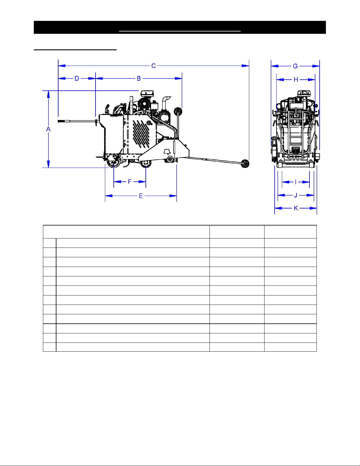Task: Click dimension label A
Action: [x=48, y=129]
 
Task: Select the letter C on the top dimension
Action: [x=153, y=66]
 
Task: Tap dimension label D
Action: [x=77, y=79]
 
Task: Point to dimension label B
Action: [x=139, y=79]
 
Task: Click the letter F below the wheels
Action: [x=129, y=182]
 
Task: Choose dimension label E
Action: [x=141, y=196]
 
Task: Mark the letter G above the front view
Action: [x=295, y=66]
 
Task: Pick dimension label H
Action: [x=296, y=80]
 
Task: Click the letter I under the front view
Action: [x=296, y=182]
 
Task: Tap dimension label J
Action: [x=296, y=195]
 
